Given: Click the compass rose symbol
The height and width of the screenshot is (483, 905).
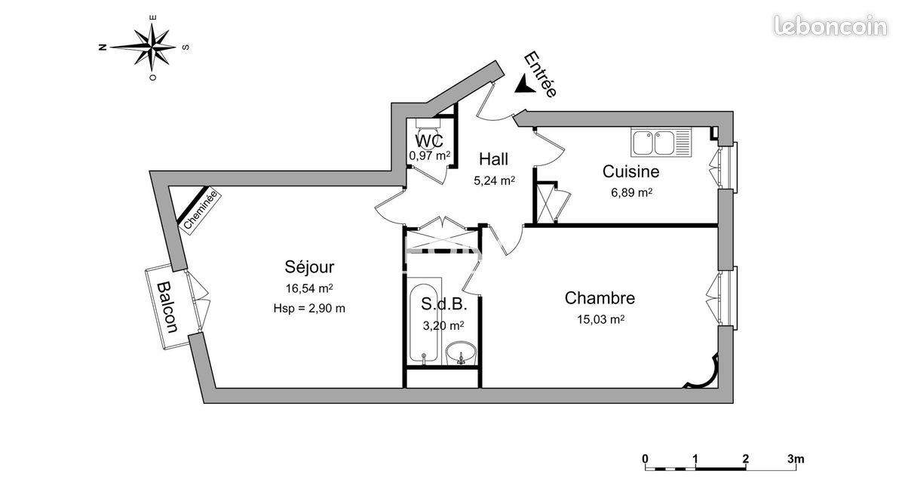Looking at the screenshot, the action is tap(152, 47).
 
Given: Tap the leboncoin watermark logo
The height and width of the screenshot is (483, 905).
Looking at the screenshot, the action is tap(830, 26).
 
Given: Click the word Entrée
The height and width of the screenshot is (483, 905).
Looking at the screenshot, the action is tap(541, 75).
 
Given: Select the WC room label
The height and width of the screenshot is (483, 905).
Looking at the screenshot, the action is tap(429, 140).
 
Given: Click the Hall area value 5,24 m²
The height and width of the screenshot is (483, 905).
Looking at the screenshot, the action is tap(494, 180).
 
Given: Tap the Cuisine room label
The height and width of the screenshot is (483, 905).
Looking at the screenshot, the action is tap(630, 171).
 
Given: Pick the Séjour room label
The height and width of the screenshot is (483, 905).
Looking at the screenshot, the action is tap(309, 266).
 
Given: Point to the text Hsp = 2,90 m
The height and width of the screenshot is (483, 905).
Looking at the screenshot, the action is tap(309, 309).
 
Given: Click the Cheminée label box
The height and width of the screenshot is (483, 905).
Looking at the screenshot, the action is tap(201, 210).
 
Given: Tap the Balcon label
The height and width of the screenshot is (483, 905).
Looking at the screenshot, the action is tap(167, 307).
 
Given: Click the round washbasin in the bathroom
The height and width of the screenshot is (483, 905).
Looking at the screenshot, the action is tap(461, 352).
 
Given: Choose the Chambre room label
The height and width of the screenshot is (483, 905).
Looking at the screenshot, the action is tap(600, 298).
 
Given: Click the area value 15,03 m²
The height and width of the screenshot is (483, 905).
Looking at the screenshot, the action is tap(600, 320).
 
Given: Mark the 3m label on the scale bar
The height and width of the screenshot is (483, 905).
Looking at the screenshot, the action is tap(796, 459).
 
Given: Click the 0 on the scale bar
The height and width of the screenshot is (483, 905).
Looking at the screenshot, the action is tap(646, 459).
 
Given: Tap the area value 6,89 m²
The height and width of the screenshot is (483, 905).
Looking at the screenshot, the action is tap(631, 192).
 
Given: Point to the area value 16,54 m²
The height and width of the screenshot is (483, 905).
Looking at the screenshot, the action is tap(309, 288).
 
